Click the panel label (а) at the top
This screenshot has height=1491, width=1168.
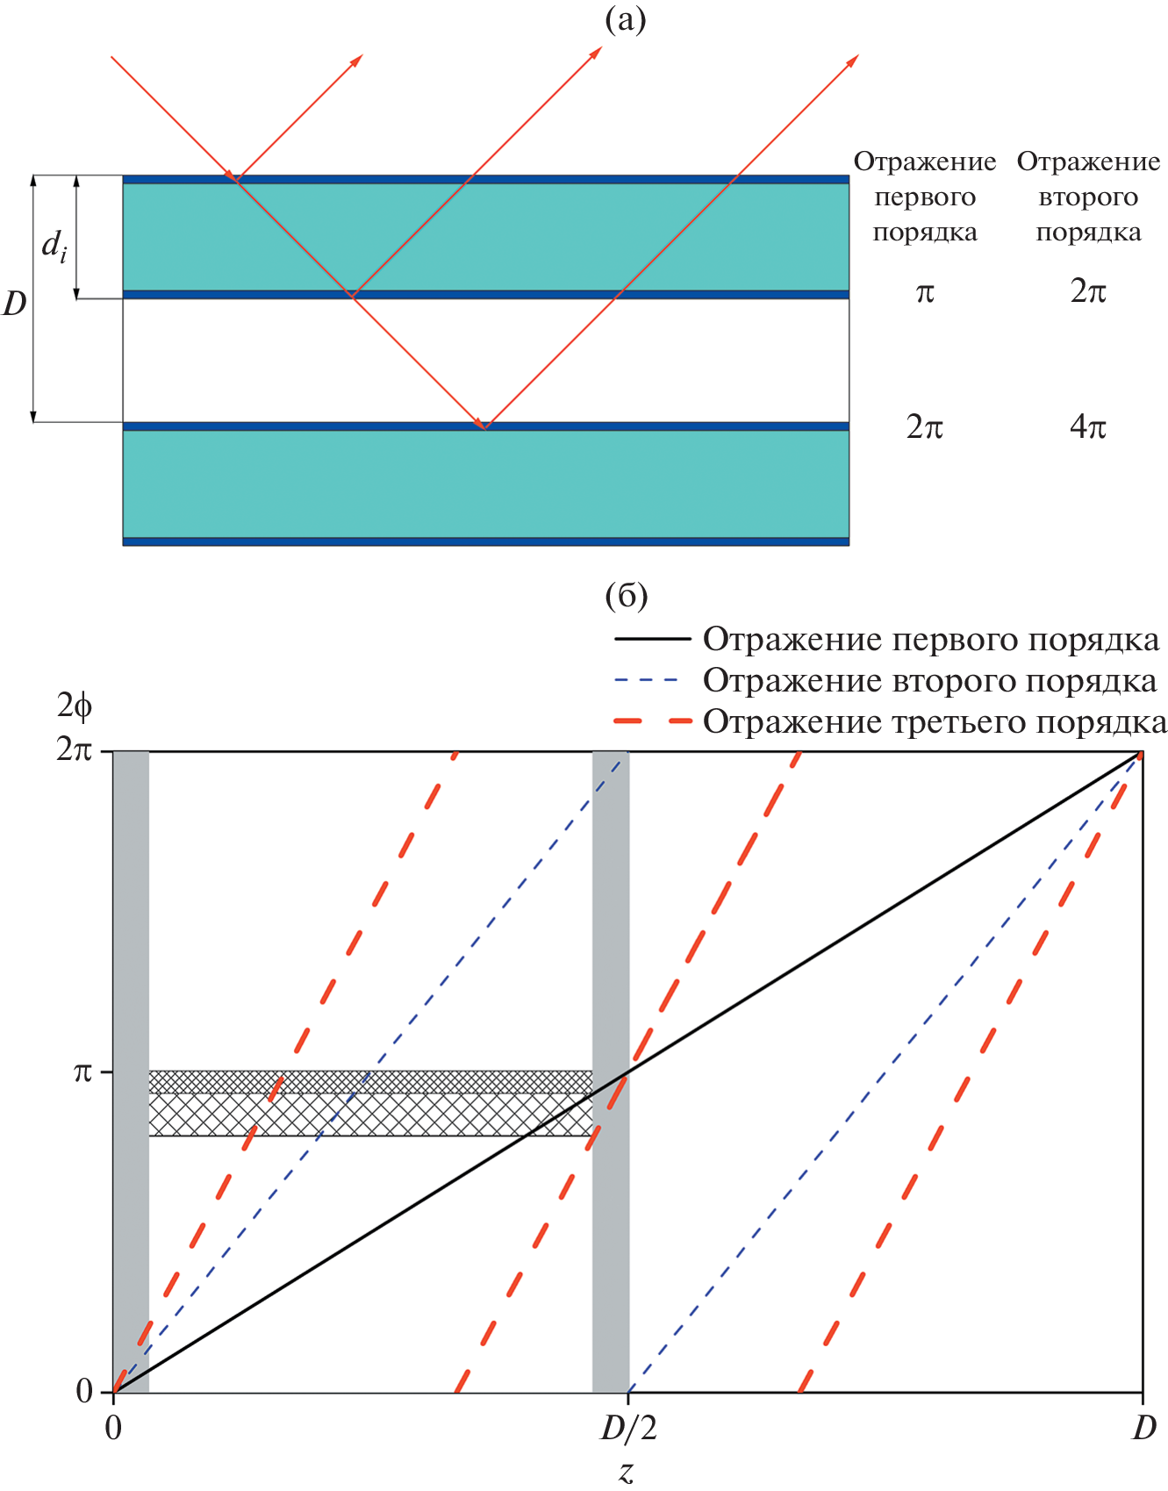click(x=626, y=19)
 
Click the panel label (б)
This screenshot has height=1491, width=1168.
click(x=626, y=596)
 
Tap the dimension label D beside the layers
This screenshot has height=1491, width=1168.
click(x=15, y=304)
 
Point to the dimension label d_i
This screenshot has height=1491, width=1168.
click(x=54, y=246)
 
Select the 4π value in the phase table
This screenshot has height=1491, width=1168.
click(x=1088, y=427)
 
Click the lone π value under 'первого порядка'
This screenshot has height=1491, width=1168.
click(x=925, y=292)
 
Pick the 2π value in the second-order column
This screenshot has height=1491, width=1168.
click(x=1088, y=291)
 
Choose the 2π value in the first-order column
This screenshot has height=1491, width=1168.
click(x=925, y=427)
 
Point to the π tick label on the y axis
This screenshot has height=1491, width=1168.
click(x=82, y=1072)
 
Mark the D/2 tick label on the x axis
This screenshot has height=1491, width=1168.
click(x=628, y=1430)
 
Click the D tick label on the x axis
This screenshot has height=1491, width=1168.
click(x=1143, y=1430)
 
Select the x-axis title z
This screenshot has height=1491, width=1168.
click(x=627, y=1472)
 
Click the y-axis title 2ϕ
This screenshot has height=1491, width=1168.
click(x=75, y=706)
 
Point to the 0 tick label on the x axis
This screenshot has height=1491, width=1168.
click(x=113, y=1429)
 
